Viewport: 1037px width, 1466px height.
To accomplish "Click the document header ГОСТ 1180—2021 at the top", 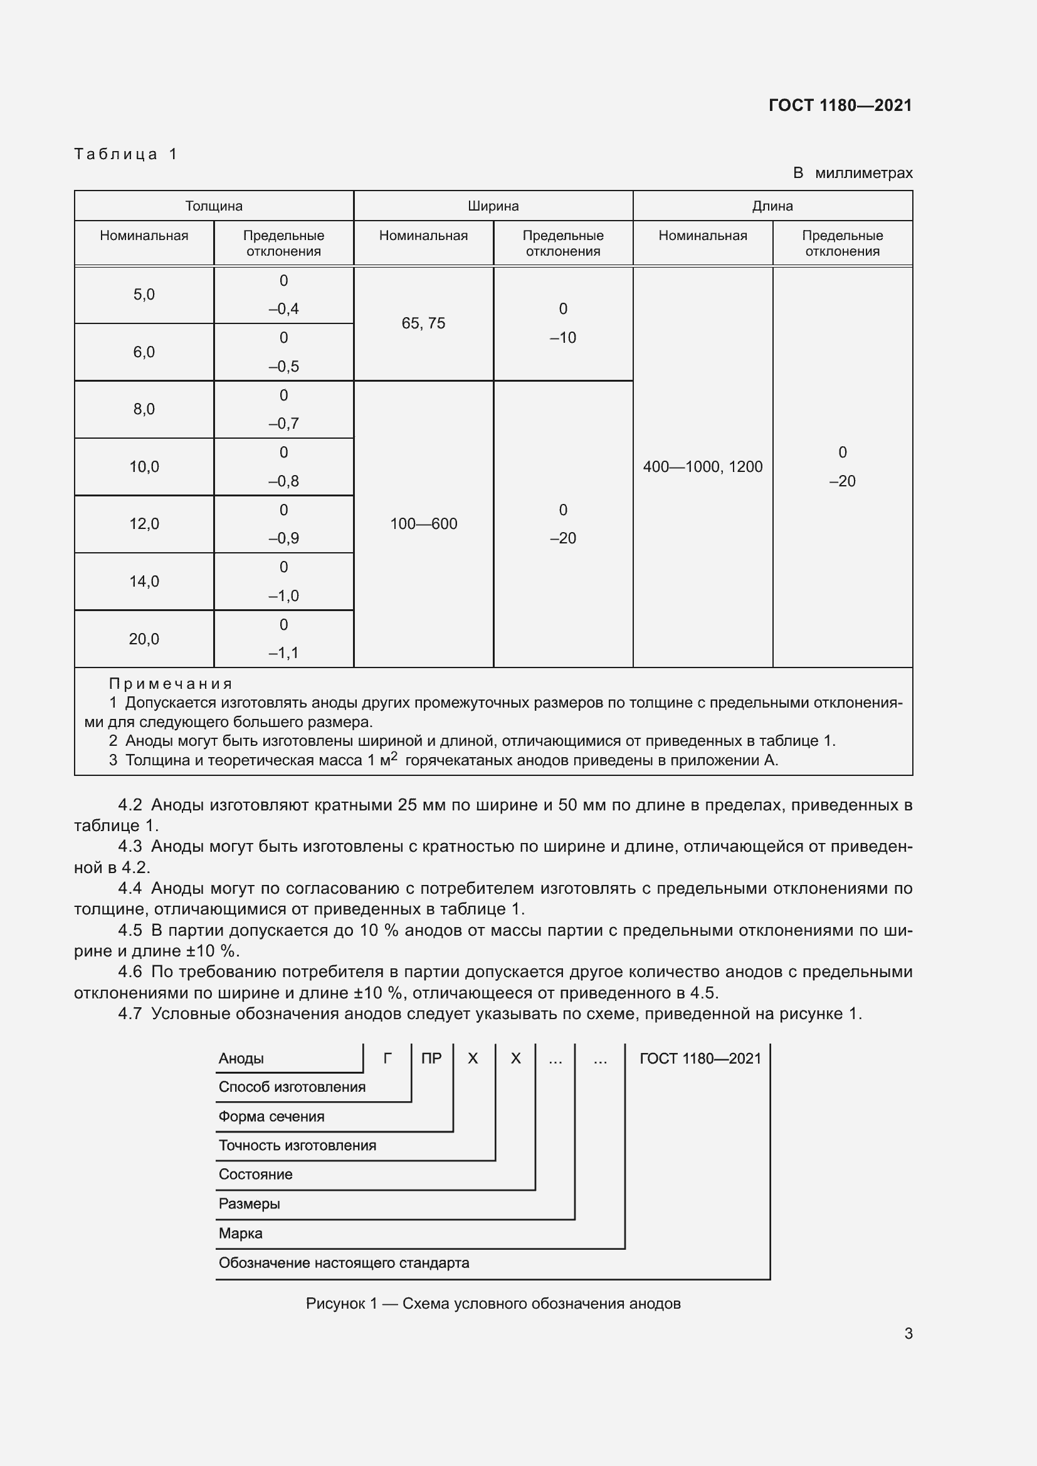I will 840,105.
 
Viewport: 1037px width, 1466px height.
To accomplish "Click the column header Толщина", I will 214,206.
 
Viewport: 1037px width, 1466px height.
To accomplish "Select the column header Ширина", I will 493,206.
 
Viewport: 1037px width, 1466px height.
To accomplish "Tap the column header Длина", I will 772,206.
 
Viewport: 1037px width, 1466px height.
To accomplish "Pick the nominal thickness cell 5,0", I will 144,295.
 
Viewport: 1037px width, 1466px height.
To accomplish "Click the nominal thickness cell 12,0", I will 144,523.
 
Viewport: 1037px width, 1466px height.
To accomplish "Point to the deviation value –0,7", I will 283,423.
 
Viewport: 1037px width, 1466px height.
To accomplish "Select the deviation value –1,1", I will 283,652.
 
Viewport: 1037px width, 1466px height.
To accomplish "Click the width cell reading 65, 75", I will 423,323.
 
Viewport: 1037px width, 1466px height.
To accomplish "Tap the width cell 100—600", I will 423,523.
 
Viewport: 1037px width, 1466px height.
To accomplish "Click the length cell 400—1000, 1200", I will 702,467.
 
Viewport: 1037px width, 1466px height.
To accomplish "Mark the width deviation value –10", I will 562,337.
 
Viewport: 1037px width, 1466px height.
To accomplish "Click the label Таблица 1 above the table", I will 126,154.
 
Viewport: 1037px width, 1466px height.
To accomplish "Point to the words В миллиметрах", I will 853,173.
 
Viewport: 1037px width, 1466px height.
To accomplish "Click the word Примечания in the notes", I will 171,684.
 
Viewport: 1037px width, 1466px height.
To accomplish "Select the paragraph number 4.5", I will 130,930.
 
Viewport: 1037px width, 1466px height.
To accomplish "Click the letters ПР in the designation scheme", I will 431,1059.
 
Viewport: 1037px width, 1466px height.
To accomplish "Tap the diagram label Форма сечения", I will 271,1117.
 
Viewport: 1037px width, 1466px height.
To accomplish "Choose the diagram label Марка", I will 240,1233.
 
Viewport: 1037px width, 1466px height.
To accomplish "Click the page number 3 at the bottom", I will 908,1333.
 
